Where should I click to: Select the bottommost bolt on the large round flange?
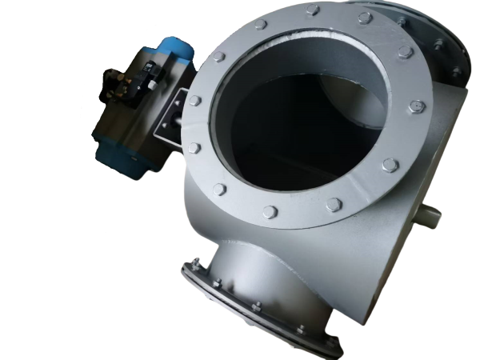270,212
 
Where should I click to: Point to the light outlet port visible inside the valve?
336,88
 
